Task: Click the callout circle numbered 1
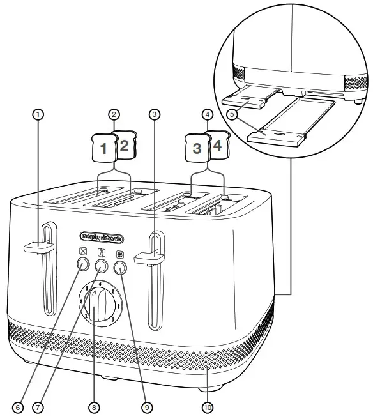pos(38,115)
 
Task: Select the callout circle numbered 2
pos(114,115)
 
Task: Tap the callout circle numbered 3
pos(153,115)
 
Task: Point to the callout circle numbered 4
pos(206,115)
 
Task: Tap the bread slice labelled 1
pos(103,149)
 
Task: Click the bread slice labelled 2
pos(124,144)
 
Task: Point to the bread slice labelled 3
pos(197,149)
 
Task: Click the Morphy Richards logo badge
pos(102,238)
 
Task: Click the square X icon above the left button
pos(83,250)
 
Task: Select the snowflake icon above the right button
pos(119,253)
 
